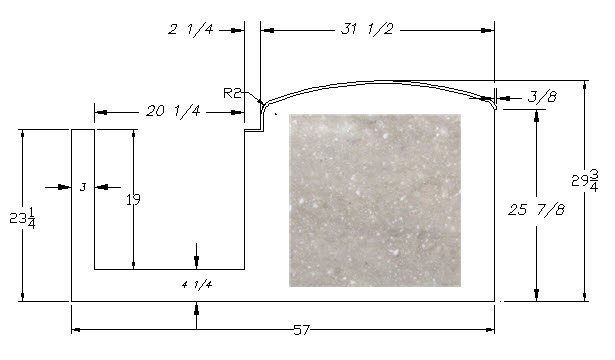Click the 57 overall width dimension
click(x=301, y=330)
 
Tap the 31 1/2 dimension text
click(x=367, y=29)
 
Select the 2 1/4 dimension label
click(x=191, y=29)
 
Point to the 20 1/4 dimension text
click(x=173, y=111)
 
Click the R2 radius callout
click(x=231, y=93)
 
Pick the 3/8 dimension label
click(x=542, y=96)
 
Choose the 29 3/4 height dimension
click(x=585, y=180)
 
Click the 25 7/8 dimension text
click(x=537, y=210)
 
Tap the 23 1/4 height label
click(x=22, y=218)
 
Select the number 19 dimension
click(x=133, y=200)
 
